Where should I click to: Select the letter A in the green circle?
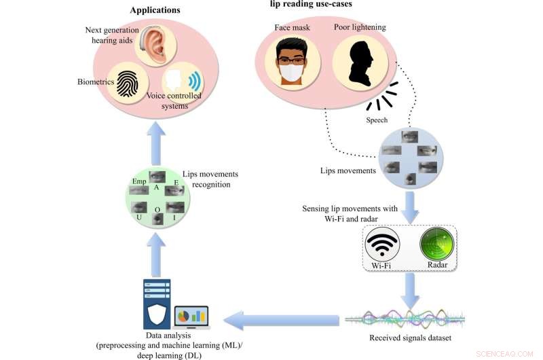156,187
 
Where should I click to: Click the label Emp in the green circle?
139,181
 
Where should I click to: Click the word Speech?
377,120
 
